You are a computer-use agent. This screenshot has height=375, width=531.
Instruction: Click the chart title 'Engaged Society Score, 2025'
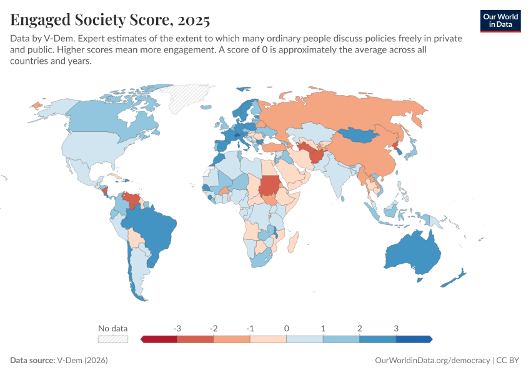110,19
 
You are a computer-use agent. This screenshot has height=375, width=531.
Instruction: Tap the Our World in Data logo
500,21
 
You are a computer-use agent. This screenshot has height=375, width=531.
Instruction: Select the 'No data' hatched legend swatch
113,339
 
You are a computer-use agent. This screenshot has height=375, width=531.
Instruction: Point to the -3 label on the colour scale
177,328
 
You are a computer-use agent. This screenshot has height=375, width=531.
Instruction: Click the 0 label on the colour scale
287,328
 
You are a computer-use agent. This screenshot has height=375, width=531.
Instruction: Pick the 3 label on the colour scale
396,328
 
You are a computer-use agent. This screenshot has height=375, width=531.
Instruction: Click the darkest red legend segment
160,339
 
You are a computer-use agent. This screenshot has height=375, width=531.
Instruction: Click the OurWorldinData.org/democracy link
432,361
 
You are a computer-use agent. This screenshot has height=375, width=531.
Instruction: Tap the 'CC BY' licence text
509,361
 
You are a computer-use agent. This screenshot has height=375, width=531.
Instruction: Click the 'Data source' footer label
32,361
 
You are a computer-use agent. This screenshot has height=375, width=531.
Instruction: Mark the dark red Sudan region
270,185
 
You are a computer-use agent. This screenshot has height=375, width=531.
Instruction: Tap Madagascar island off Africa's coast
297,239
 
